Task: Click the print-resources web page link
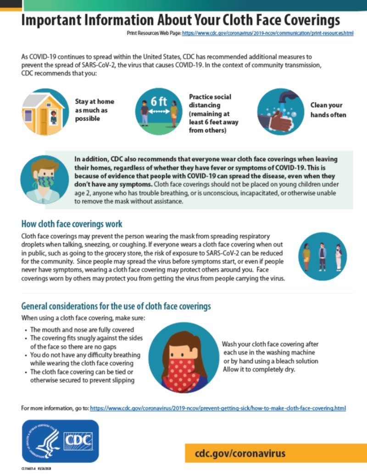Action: [267, 34]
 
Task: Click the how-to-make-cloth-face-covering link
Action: [218, 408]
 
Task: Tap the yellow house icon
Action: [44, 112]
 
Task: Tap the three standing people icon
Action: [323, 256]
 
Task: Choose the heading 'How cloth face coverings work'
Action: [72, 224]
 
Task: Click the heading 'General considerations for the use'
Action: [116, 306]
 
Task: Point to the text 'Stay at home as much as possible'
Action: [95, 110]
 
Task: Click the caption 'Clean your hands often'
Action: [328, 110]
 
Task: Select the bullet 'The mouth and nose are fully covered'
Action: [82, 330]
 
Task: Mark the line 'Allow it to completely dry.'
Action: [259, 369]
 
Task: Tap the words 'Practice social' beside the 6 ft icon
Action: [210, 97]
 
